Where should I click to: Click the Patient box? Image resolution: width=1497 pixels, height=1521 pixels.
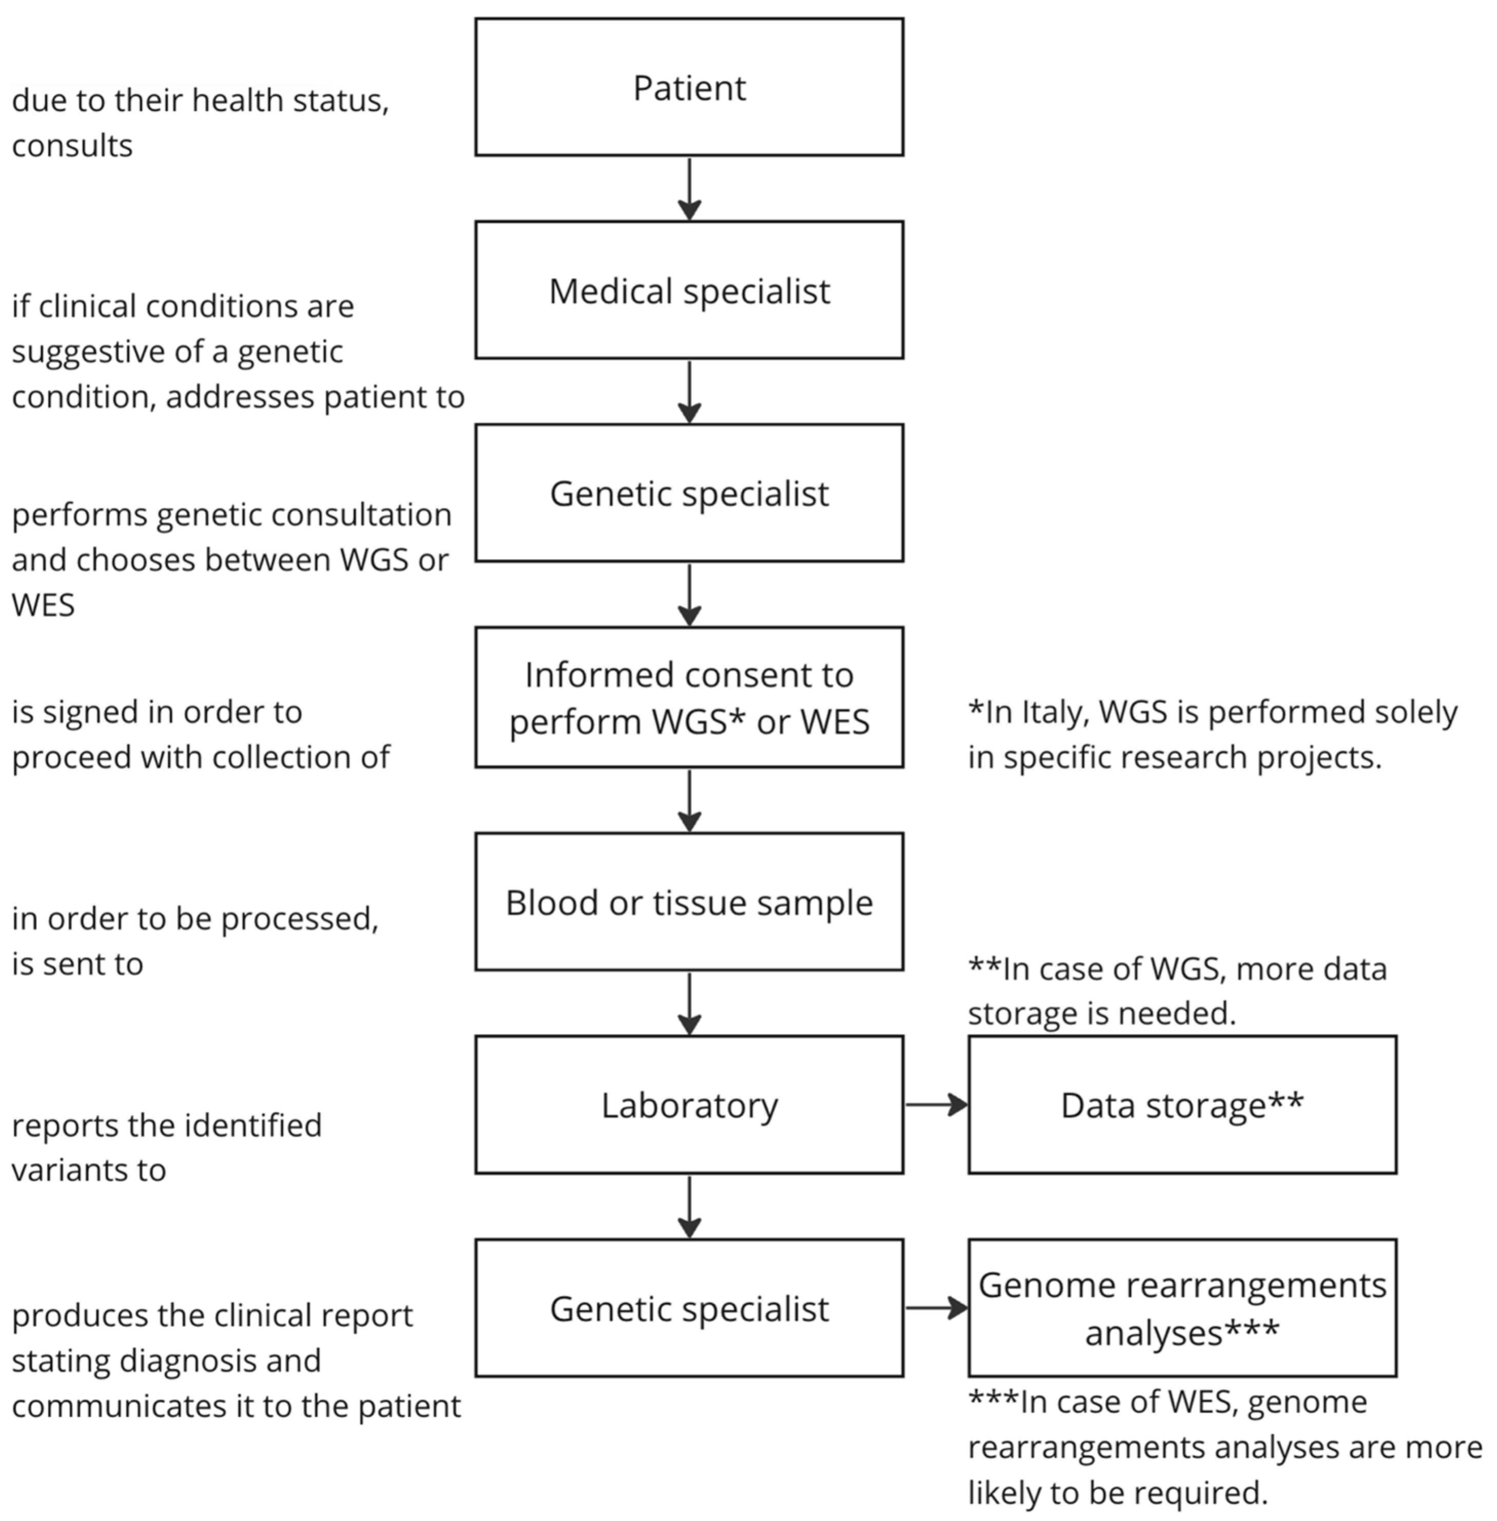[689, 87]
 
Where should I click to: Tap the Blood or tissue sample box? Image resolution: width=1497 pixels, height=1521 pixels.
[689, 902]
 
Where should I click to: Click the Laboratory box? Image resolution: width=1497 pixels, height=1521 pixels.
[689, 1104]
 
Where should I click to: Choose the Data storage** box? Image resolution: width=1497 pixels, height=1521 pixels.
[1182, 1104]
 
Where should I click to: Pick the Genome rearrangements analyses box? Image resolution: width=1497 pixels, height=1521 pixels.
[1182, 1308]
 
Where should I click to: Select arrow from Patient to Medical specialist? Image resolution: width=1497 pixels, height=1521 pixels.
[689, 189]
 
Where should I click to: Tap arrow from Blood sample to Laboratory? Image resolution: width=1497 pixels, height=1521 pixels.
[689, 1003]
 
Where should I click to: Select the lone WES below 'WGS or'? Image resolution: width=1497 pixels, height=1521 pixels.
[43, 605]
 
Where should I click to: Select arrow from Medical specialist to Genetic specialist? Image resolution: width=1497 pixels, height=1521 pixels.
[689, 391]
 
